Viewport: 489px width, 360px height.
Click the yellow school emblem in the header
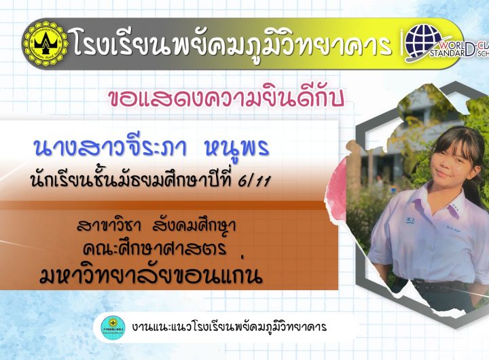click(46, 43)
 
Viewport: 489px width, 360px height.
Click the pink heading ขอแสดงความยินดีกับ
click(227, 98)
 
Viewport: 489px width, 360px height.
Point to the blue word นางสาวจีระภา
click(111, 147)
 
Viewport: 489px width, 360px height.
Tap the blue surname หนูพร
click(237, 149)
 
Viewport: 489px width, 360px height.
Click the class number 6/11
click(254, 180)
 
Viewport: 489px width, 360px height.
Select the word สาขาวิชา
click(109, 225)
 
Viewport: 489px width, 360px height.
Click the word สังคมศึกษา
click(194, 225)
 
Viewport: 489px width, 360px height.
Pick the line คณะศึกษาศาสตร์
click(155, 248)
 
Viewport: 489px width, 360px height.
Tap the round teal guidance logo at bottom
click(113, 327)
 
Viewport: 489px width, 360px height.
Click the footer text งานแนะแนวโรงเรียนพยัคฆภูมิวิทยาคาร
click(230, 327)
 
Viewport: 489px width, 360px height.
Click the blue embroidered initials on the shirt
click(410, 220)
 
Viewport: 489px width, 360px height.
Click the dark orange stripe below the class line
click(162, 205)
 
